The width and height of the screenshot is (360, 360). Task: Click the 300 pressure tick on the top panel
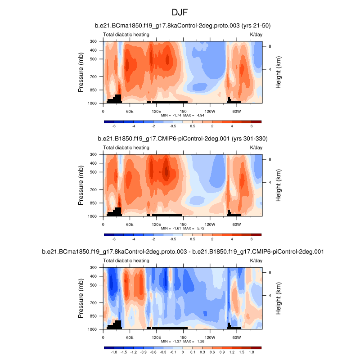(94, 41)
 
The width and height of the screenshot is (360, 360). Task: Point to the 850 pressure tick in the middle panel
(94, 203)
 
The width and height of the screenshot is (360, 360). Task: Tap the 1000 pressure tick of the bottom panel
(93, 329)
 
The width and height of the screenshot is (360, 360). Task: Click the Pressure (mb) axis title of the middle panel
(81, 185)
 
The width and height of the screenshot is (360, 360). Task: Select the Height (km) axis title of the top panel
(279, 72)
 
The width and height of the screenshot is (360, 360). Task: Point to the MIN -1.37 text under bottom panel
(169, 342)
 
